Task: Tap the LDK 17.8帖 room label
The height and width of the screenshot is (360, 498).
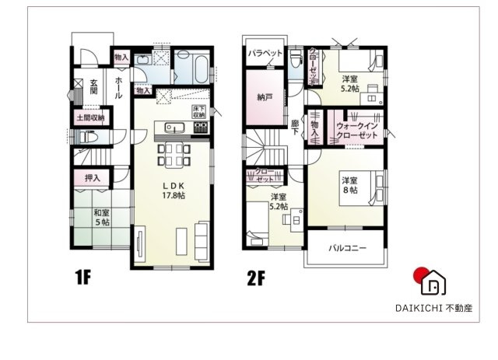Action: coord(173,190)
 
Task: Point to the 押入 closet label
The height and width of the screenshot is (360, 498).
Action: coord(93,179)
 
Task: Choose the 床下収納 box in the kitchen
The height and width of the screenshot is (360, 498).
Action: coord(198,114)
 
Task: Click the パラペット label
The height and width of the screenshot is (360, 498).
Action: coord(265,54)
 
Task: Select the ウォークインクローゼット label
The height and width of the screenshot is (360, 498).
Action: coord(356,130)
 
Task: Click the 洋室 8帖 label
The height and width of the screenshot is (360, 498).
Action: coord(349,185)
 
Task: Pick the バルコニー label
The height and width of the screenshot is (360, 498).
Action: coord(347,248)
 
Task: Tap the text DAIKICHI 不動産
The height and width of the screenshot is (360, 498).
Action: coord(433,307)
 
